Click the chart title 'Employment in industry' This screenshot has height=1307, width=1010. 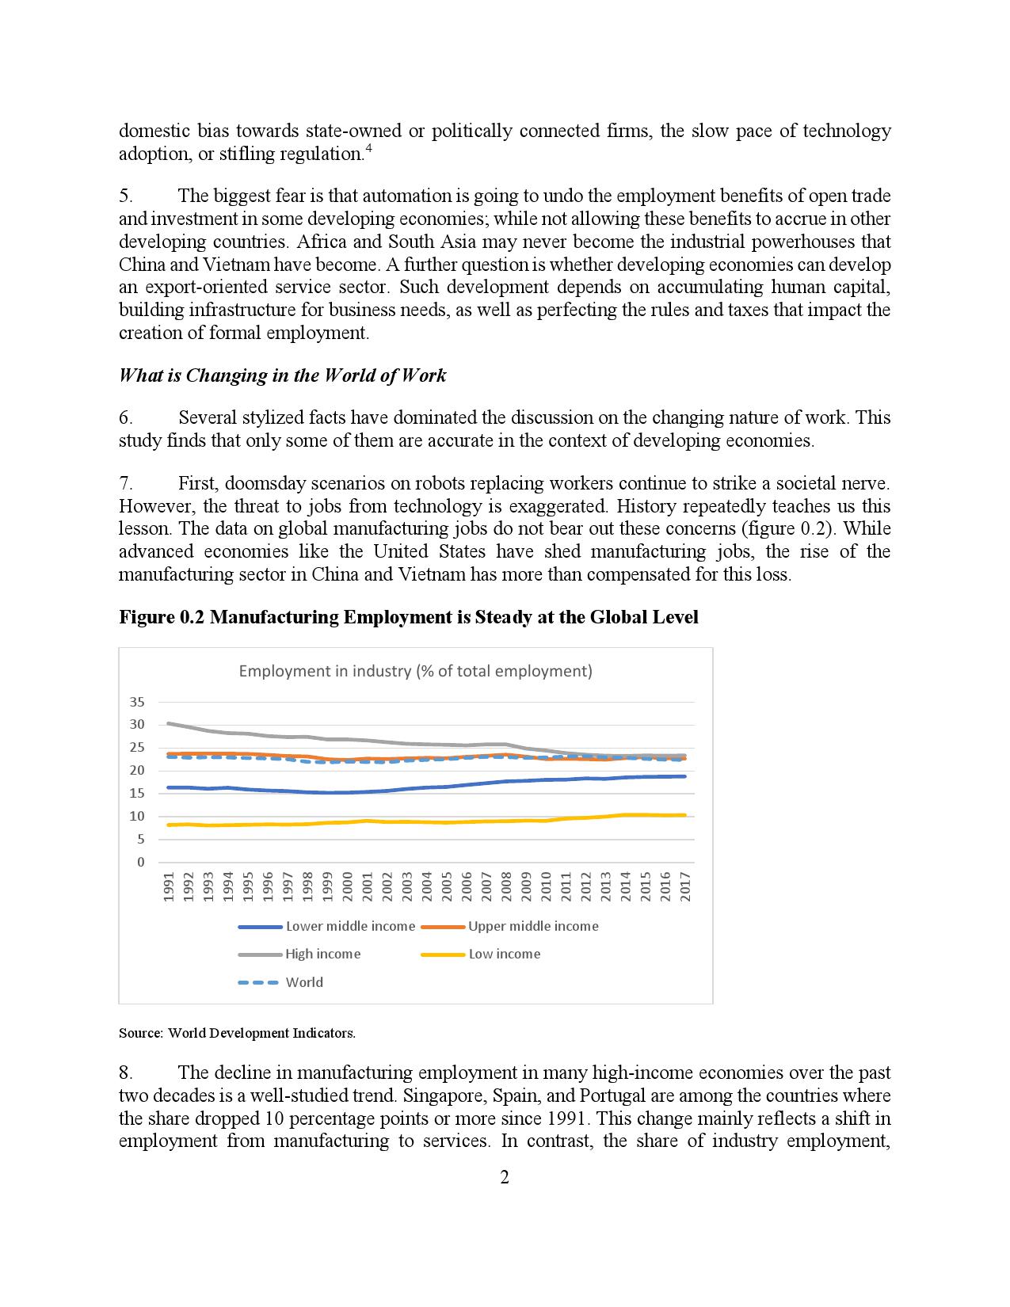[415, 671]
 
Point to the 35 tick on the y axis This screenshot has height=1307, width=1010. [137, 702]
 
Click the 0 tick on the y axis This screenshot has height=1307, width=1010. [141, 862]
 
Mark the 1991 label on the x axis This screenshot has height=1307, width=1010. [169, 886]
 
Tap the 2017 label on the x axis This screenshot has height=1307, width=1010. [685, 886]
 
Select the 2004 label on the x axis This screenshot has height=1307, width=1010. [427, 886]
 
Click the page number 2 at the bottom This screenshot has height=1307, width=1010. [505, 1177]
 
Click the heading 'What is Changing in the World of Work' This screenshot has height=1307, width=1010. [282, 375]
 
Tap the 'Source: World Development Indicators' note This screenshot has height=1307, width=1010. [237, 1033]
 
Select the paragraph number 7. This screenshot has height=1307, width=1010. [125, 483]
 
